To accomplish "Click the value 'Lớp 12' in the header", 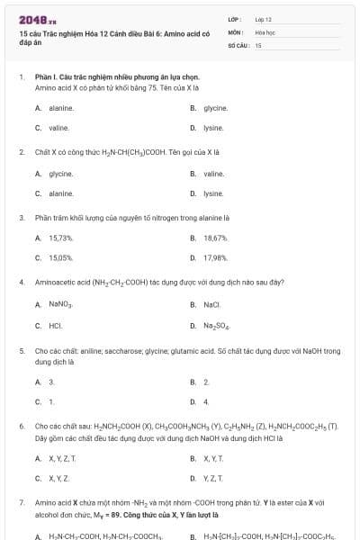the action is click(x=263, y=19).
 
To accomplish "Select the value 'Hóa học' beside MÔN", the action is click(x=265, y=31).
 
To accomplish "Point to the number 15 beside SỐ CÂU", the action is click(x=258, y=44).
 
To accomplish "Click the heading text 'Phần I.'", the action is click(x=45, y=78).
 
